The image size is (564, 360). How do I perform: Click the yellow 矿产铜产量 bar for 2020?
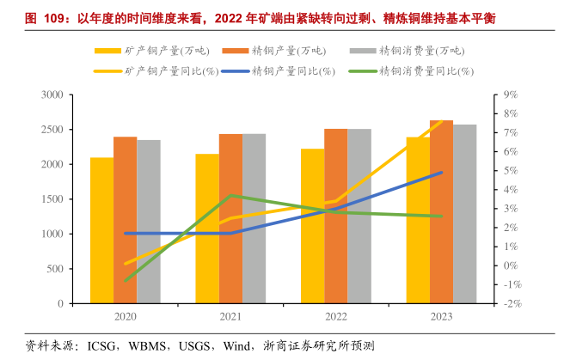point(101,230)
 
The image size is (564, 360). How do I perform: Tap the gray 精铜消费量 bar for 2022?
point(359,216)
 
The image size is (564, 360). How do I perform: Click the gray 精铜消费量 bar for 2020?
point(149,222)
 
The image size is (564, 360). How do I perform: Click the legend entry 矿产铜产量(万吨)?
point(158,50)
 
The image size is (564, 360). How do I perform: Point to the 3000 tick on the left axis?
point(51,94)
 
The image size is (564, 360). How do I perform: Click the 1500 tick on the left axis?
point(51,198)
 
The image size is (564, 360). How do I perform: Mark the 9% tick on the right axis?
point(509,95)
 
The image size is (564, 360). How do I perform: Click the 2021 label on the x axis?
point(230,317)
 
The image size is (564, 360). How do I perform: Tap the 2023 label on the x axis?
point(441,317)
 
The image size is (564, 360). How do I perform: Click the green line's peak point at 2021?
point(230,195)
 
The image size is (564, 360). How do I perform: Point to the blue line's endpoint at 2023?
point(441,172)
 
